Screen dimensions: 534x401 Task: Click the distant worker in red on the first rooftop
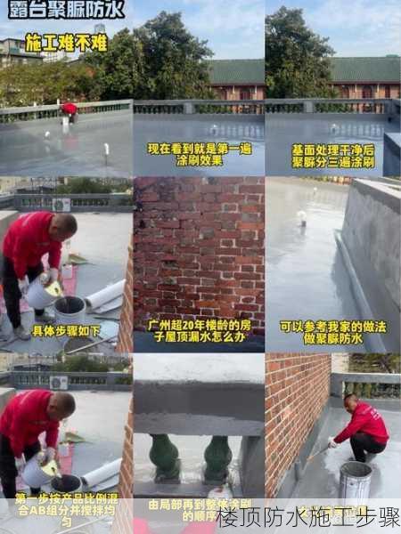(x=69, y=109)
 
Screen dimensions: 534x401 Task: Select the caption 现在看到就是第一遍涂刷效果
(x=199, y=154)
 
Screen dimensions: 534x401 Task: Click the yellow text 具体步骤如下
(x=66, y=329)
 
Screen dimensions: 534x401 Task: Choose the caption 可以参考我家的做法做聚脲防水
(x=332, y=332)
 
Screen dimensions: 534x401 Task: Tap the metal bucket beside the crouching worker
(x=355, y=480)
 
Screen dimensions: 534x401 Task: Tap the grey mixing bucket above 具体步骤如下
(x=70, y=310)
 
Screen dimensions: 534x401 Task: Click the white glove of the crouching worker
(x=331, y=442)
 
